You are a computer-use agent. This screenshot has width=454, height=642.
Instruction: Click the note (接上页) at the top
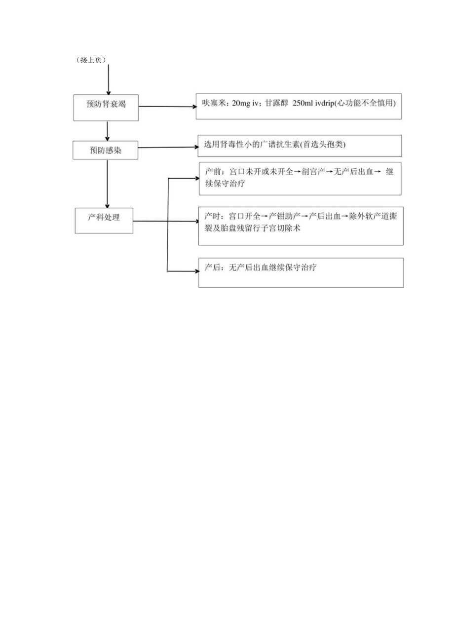(92, 60)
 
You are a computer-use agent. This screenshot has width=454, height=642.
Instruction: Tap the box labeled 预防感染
(105, 151)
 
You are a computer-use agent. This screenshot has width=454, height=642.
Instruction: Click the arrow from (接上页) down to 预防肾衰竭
(109, 79)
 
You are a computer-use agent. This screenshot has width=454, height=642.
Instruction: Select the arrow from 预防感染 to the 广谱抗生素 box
(168, 147)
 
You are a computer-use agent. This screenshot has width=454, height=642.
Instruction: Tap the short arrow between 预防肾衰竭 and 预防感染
(107, 131)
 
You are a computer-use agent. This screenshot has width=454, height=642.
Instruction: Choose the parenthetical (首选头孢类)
(323, 145)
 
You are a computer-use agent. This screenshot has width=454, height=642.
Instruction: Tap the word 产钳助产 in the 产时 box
(284, 217)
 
